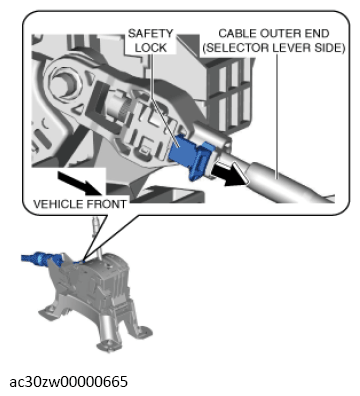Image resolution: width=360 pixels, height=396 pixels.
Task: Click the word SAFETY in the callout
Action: coord(150,33)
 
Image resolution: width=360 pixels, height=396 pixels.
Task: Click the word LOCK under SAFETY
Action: coord(150,48)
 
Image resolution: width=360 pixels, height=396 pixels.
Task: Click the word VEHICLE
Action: coord(58,204)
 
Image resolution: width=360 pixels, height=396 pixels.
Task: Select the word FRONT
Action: coord(106,204)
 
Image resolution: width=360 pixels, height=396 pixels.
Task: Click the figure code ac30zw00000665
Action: coord(68,382)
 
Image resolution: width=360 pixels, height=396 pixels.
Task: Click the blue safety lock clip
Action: coord(192,156)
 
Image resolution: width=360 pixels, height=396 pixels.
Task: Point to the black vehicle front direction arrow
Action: coord(81,183)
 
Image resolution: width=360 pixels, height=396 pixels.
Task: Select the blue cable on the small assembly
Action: coord(43,258)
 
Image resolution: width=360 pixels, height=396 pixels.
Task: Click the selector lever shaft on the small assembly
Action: coord(97,237)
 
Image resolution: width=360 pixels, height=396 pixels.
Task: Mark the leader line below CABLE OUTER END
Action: coord(277,116)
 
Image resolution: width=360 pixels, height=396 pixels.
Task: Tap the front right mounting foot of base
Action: coord(142,332)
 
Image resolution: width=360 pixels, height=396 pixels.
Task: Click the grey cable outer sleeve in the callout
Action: coord(287,182)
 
